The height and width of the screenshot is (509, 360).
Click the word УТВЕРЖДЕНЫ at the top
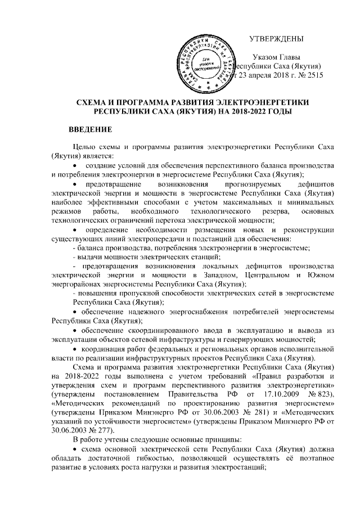pos(276,39)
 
